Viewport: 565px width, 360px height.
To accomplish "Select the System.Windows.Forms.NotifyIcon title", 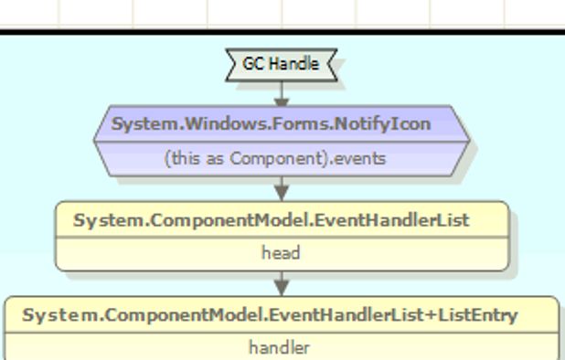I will pyautogui.click(x=270, y=123).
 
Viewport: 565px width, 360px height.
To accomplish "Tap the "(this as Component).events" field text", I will pyautogui.click(x=275, y=158).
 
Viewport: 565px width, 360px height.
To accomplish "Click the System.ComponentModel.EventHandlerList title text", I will pyautogui.click(x=271, y=220).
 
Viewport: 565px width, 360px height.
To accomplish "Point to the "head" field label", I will pyautogui.click(x=281, y=254).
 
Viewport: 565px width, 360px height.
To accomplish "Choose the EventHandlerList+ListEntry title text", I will pyautogui.click(x=271, y=316).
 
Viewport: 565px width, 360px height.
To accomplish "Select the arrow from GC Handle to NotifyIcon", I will pyautogui.click(x=282, y=93).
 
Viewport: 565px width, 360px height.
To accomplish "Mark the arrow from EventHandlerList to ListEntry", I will pyautogui.click(x=282, y=283).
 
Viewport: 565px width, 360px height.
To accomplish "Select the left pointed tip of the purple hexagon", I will pyautogui.click(x=95, y=142).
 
